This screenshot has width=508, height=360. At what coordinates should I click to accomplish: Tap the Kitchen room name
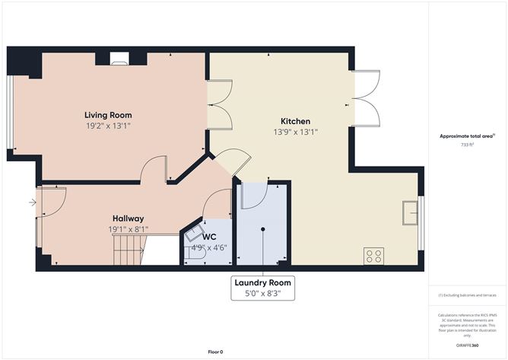pos(295,121)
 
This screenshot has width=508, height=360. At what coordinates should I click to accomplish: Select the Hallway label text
pos(129,218)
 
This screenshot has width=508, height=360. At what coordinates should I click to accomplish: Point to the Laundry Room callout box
pos(262,287)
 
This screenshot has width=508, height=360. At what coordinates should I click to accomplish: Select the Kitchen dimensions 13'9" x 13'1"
pos(295,132)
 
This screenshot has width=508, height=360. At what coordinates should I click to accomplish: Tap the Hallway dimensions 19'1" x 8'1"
pos(129,228)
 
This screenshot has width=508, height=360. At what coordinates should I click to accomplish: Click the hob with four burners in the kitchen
pos(373,255)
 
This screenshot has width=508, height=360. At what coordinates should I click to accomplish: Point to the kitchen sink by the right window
pos(411,214)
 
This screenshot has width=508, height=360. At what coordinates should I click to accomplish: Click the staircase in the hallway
pos(128,249)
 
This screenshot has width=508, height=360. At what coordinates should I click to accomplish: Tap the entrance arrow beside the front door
pos(31,202)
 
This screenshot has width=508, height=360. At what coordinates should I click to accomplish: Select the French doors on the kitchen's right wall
pos(364,96)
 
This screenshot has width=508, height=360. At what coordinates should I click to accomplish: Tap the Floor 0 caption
pos(217,351)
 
